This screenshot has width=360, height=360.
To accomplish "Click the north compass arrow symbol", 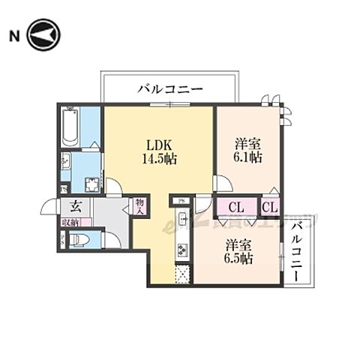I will tap(43, 35).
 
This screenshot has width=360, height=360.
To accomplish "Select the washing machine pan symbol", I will tap(94, 184).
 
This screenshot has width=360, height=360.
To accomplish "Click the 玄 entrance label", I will tap(76, 207).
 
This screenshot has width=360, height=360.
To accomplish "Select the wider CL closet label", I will tap(235, 207).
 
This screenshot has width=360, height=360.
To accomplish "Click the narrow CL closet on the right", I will tap(270, 207).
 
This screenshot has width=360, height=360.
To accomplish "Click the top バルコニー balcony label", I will tap(170, 89).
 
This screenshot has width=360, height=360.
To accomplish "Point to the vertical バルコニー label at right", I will tap(298, 250).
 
